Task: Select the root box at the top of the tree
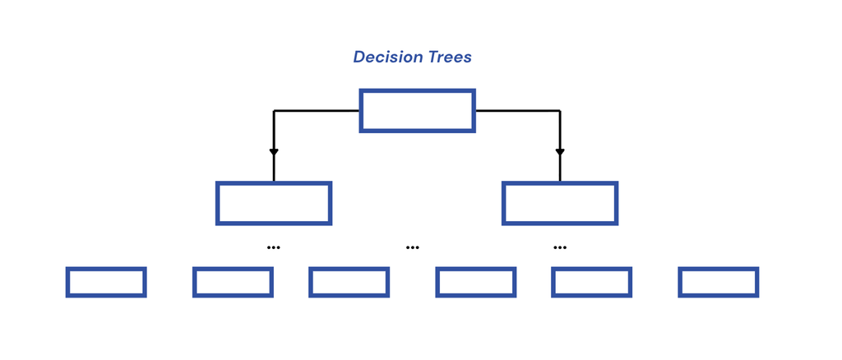tap(417, 90)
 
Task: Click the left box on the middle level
tap(274, 183)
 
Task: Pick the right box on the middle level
tap(560, 183)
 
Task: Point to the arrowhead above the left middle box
tap(274, 152)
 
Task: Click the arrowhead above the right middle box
tap(560, 152)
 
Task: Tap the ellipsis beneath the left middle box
tap(273, 247)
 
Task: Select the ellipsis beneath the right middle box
tap(559, 247)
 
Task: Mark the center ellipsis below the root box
tap(413, 247)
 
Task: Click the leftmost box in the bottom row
tap(106, 269)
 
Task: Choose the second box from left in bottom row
tap(233, 269)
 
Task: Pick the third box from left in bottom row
tap(349, 269)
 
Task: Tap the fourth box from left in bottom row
tap(476, 269)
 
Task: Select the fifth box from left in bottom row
tap(592, 269)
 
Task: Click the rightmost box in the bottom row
tap(719, 269)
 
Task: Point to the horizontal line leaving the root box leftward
tap(317, 111)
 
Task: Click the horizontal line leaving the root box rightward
tap(518, 111)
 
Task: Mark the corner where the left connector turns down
tap(274, 111)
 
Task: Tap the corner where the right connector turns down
tap(560, 111)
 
